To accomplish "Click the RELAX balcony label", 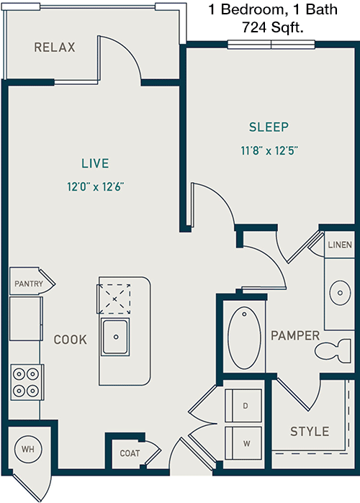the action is (55, 47).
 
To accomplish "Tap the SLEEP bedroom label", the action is (269, 127).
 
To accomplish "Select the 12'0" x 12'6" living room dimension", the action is (95, 186).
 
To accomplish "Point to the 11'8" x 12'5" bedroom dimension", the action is (269, 150).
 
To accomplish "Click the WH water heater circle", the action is (28, 449).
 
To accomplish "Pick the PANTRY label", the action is (29, 284).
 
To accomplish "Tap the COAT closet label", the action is (130, 453).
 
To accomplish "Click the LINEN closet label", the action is (340, 245).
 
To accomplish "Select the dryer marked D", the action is (243, 405).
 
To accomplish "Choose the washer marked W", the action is (243, 443).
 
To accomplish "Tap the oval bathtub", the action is (245, 337).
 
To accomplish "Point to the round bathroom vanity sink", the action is (340, 293).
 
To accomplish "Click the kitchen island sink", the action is (115, 337).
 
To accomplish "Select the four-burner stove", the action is (27, 382).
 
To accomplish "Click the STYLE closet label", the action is (310, 432).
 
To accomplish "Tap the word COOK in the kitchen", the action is (71, 340).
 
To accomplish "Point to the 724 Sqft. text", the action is (273, 27).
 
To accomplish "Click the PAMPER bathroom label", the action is (295, 336).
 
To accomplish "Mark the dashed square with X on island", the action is (114, 299).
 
